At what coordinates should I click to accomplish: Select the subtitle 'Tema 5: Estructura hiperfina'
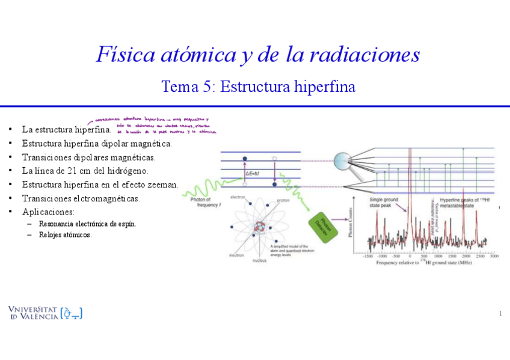click(258, 87)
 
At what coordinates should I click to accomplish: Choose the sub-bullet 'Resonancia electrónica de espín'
click(87, 224)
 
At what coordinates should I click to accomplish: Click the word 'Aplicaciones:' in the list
click(48, 212)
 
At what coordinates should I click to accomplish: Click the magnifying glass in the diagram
click(345, 162)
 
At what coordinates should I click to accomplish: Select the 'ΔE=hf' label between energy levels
click(252, 174)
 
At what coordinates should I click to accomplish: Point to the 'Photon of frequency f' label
click(201, 202)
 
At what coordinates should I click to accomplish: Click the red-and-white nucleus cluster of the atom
click(260, 227)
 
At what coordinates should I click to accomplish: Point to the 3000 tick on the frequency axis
click(494, 256)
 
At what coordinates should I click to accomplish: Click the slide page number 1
click(500, 314)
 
